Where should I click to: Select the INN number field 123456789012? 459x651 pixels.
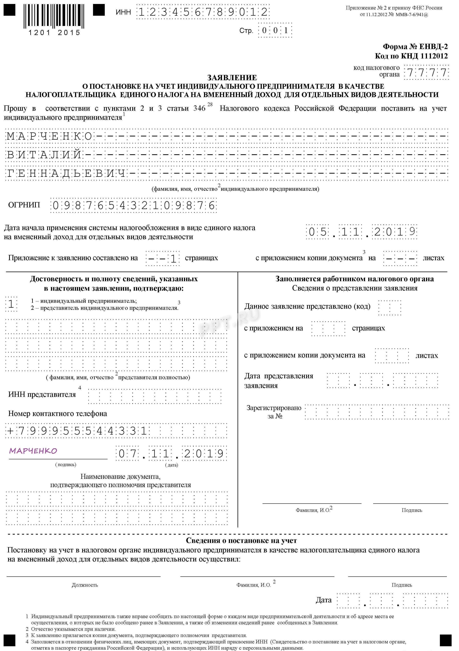(x=203, y=12)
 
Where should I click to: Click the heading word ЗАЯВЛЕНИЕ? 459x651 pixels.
(x=232, y=78)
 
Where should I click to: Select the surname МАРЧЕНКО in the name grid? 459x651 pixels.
(x=49, y=137)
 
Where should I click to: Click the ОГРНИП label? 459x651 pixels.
(x=24, y=205)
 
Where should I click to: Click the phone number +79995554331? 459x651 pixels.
(x=77, y=431)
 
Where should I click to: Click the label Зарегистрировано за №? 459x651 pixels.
(x=274, y=412)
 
